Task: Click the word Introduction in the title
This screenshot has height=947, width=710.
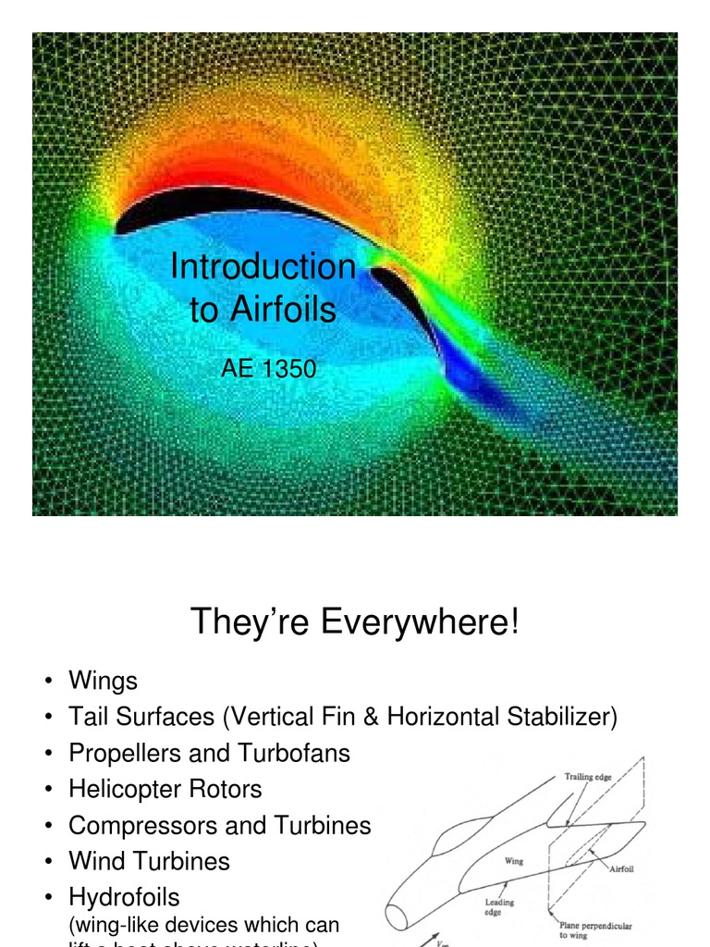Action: [263, 267]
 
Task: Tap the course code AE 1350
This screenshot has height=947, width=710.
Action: [268, 369]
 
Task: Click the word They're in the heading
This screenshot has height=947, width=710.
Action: [249, 621]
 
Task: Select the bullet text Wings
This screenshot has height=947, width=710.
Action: [103, 682]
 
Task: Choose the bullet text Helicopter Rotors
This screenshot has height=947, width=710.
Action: [165, 789]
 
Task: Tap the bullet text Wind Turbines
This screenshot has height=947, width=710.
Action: [149, 861]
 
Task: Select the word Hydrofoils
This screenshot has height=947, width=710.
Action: [124, 897]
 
